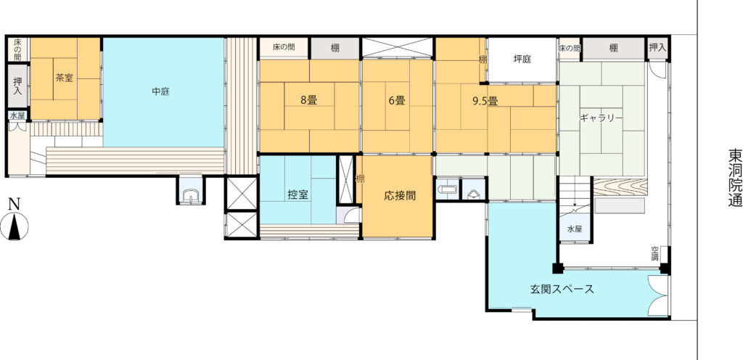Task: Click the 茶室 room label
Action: [65, 78]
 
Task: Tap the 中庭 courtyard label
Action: [160, 92]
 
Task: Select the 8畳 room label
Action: [308, 100]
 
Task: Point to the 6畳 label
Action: [397, 100]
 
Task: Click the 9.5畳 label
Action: [484, 100]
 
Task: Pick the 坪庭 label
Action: [522, 60]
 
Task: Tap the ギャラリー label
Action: [602, 118]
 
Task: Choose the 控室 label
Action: [297, 195]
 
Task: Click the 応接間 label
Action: [400, 195]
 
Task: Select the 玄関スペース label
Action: [562, 289]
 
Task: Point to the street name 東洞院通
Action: [735, 179]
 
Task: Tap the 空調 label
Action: [655, 254]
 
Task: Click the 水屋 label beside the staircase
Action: [575, 229]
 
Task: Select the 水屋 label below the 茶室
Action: [17, 115]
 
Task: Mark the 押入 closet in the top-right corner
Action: [657, 48]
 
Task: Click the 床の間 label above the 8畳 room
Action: [284, 47]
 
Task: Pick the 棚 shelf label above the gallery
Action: [614, 48]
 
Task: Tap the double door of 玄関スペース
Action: [659, 295]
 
